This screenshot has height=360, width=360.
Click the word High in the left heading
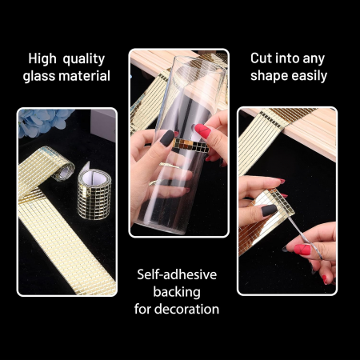pos(42,58)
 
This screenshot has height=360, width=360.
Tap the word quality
pos(84,60)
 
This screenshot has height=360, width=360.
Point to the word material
pos(85,76)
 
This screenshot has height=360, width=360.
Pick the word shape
pos(270,76)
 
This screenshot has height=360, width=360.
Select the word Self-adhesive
pos(177,274)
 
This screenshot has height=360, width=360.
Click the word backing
pos(177,293)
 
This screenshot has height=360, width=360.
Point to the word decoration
pos(186,309)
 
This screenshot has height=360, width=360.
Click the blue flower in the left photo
pos(42,122)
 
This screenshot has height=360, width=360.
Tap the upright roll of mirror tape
pos(94,194)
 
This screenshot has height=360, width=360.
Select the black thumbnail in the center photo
pos(167,138)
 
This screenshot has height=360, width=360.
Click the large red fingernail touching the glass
pos(202,131)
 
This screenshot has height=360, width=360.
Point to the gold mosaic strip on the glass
pos(190,146)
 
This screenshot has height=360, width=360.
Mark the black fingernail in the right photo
pos(269,210)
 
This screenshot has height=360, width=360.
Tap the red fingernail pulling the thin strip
pos(302,250)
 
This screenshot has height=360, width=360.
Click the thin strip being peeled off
pos(305,237)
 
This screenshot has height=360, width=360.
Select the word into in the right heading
pos(286,58)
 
